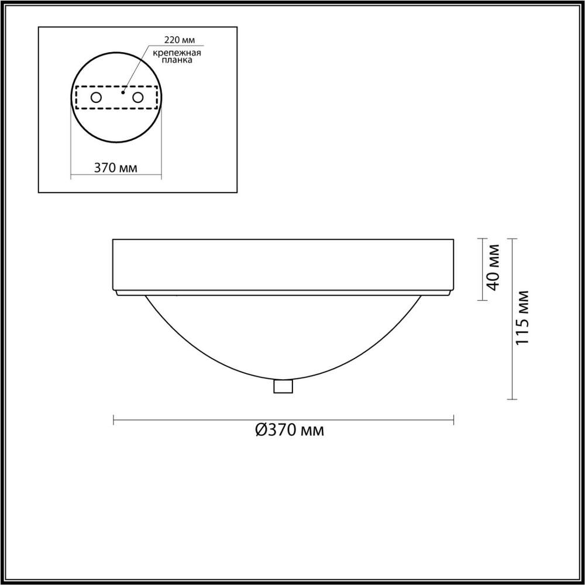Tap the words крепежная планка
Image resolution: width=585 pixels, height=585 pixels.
[177, 57]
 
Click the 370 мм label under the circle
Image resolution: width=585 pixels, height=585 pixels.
[116, 168]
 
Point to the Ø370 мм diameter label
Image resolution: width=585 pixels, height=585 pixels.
[289, 431]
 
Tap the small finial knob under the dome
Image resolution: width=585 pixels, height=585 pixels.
[283, 387]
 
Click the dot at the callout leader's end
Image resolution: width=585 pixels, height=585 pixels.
[122, 92]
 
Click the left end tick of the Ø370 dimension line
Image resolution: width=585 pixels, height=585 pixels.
[113, 419]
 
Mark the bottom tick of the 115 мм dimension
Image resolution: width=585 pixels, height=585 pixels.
[512, 399]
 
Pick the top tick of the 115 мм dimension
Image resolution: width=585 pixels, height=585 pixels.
[512, 239]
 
